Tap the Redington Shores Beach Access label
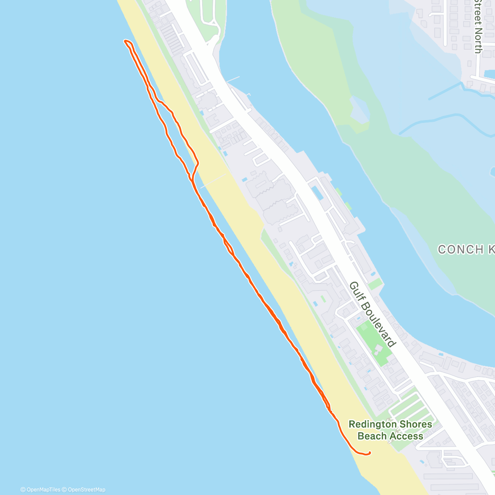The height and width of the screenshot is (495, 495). coord(390,430)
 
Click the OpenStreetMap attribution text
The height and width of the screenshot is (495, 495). coord(87,490)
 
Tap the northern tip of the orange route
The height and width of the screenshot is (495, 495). coord(125,41)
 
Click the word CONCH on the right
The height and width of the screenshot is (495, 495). coord(455,250)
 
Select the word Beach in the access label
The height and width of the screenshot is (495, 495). coord(372,436)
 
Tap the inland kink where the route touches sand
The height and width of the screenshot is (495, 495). coord(198,163)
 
